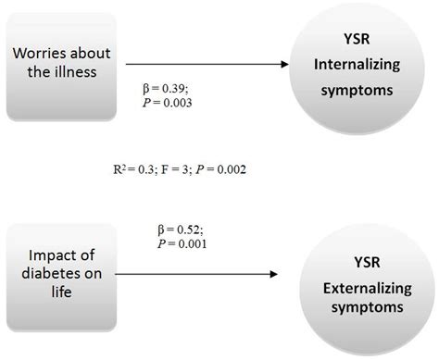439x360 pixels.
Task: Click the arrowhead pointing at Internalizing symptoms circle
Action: tap(280, 64)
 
